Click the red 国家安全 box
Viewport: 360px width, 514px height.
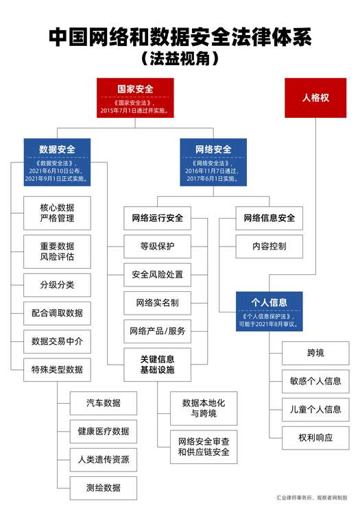pyautogui.click(x=135, y=98)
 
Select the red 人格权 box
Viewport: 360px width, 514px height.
pyautogui.click(x=315, y=98)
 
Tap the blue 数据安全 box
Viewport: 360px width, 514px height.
pyautogui.click(x=57, y=162)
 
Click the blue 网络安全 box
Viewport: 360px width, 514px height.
pyautogui.click(x=213, y=162)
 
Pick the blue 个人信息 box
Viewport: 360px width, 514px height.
pyautogui.click(x=269, y=311)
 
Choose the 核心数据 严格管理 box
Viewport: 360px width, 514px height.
pyautogui.click(x=57, y=213)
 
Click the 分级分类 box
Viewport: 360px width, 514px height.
pyautogui.click(x=57, y=285)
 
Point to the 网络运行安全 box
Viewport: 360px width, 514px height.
pyautogui.click(x=158, y=218)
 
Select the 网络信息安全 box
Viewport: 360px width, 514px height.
pyautogui.click(x=269, y=218)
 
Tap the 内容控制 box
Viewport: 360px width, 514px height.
pyautogui.click(x=269, y=247)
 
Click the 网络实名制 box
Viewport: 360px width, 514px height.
pyautogui.click(x=158, y=303)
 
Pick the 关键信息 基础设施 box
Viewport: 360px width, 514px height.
pyautogui.click(x=158, y=365)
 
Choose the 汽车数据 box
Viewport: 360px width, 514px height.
pyautogui.click(x=104, y=403)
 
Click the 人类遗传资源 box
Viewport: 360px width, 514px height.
pyautogui.click(x=104, y=460)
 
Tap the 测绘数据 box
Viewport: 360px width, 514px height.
pyautogui.click(x=104, y=488)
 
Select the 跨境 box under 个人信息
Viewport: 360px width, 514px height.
pyautogui.click(x=315, y=353)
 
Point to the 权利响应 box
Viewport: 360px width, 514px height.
pyautogui.click(x=315, y=438)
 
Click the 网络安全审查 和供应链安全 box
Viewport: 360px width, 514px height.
pyautogui.click(x=204, y=447)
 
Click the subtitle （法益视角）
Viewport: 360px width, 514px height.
pyautogui.click(x=180, y=59)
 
